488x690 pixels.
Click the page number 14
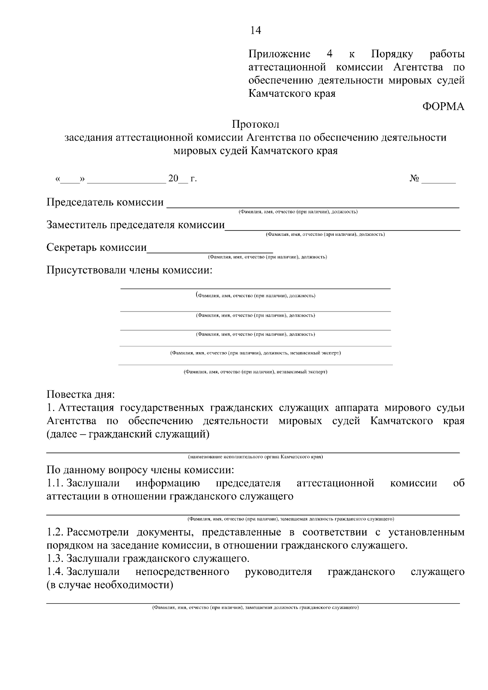255,30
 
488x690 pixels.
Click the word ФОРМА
443,107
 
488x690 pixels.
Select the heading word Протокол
255,124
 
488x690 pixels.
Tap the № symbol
415,178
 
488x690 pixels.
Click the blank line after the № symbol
438,181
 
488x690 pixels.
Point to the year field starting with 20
178,179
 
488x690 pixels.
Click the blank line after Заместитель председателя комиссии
342,228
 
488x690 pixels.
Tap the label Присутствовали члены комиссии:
129,270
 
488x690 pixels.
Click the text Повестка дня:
81,394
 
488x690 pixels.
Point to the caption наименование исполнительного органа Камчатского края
255,457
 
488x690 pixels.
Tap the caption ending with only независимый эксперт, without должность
255,372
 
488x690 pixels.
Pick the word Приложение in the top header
279,54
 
